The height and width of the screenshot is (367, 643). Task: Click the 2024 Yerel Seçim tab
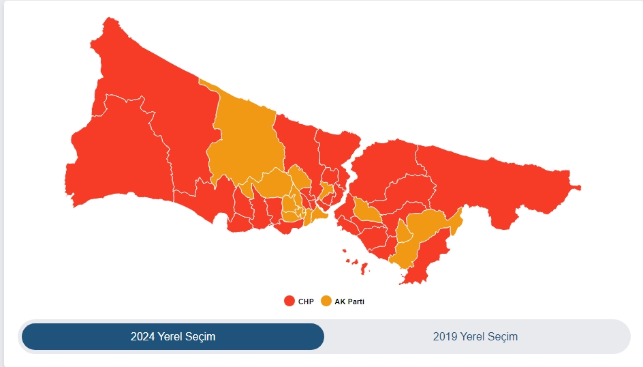(173, 336)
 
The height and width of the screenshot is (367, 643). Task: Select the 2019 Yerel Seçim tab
(475, 336)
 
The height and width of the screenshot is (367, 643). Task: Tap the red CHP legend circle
(289, 301)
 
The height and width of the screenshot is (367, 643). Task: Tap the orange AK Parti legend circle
(326, 301)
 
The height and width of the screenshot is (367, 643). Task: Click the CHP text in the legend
(306, 302)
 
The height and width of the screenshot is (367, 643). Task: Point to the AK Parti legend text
(349, 302)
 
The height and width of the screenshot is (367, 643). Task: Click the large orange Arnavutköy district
(245, 143)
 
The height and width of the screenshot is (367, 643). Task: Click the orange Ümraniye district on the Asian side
(367, 211)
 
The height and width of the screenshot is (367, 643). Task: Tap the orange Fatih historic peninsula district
(317, 217)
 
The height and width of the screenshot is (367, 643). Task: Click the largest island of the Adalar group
(364, 267)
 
